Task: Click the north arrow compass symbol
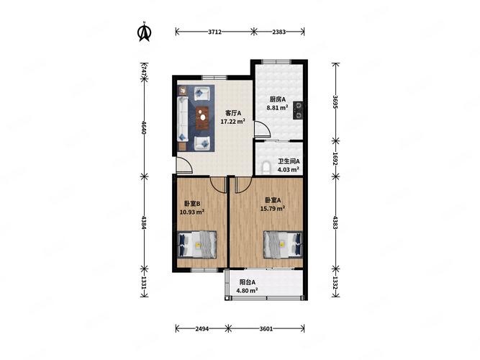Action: (x=144, y=31)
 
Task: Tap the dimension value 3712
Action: (x=214, y=32)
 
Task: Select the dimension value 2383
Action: (x=279, y=32)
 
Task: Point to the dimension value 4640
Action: (x=144, y=127)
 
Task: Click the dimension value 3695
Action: (x=335, y=102)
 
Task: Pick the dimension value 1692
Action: (x=335, y=158)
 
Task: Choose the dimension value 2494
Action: (x=202, y=329)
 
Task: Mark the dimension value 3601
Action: (x=266, y=329)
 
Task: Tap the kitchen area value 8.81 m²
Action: (x=277, y=107)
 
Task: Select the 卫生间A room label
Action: (x=289, y=161)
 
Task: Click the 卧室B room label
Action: (x=192, y=204)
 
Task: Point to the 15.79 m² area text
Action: (x=273, y=209)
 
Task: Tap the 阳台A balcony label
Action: (x=248, y=282)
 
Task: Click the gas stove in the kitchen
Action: (x=298, y=111)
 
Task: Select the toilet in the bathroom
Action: (x=266, y=167)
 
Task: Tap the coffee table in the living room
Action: (x=202, y=118)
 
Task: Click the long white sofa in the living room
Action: (x=183, y=120)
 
